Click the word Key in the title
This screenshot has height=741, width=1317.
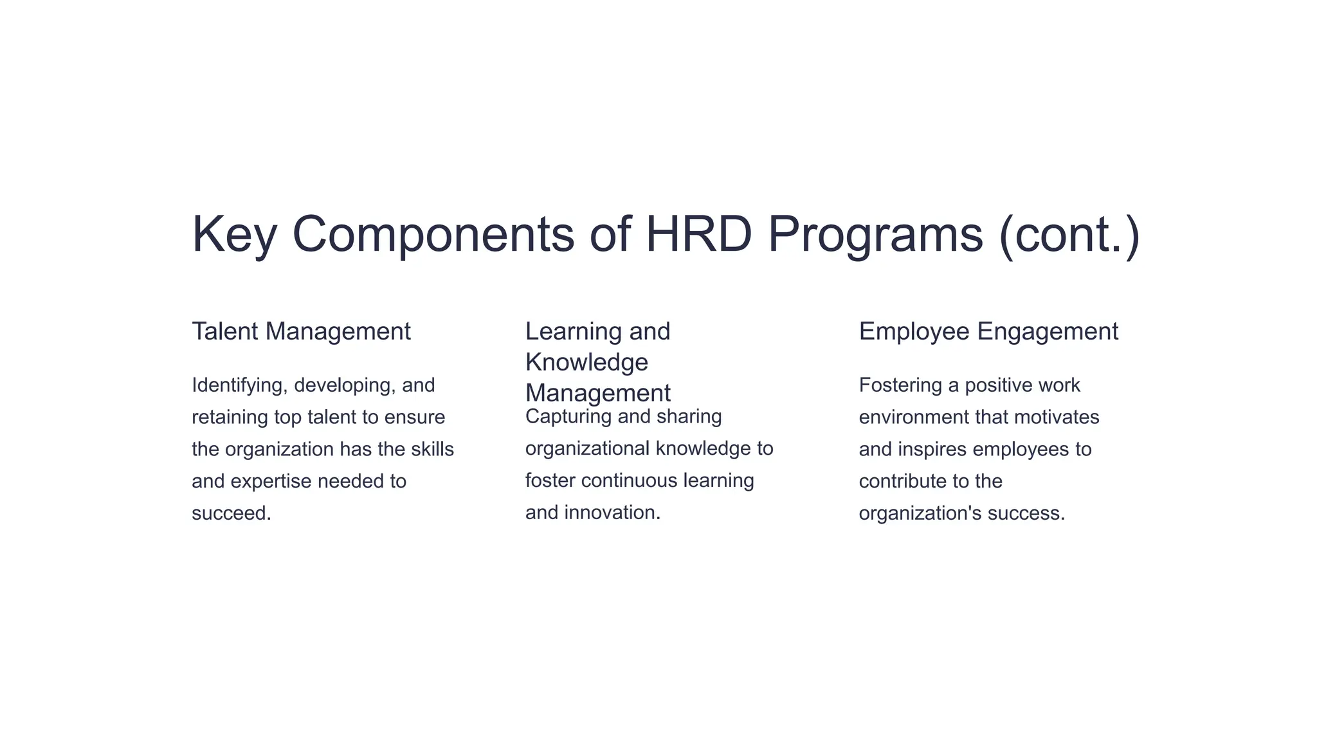coord(234,234)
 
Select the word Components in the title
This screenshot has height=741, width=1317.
coord(433,234)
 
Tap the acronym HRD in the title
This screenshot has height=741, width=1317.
coord(698,234)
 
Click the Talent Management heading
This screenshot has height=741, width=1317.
coord(301,332)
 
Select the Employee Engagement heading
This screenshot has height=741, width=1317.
coord(988,332)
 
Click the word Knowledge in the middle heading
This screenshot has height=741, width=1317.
coord(586,363)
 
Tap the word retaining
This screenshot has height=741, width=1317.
coord(230,417)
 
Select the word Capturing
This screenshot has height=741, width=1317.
coord(568,417)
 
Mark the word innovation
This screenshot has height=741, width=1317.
coord(612,513)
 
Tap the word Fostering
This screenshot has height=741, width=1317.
coord(900,385)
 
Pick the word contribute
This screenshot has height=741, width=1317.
coord(900,481)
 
